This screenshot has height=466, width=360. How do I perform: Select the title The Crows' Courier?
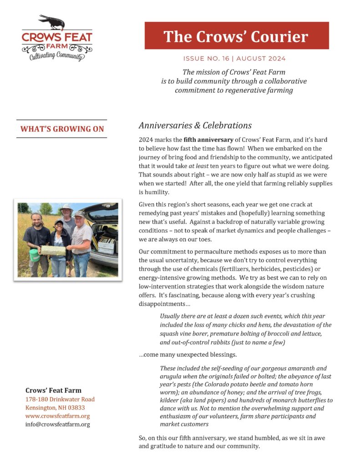point(236,36)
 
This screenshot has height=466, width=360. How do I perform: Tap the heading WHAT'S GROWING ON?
point(62,129)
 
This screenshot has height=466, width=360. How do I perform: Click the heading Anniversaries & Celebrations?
point(195,125)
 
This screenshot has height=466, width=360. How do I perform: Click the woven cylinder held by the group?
point(54,250)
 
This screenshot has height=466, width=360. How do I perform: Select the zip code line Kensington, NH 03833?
point(55,407)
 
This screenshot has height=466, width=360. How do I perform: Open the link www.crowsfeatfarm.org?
point(57,416)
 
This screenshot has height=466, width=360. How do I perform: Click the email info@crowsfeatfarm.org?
point(57,424)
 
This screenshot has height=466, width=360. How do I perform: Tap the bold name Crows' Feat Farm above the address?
point(53,390)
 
